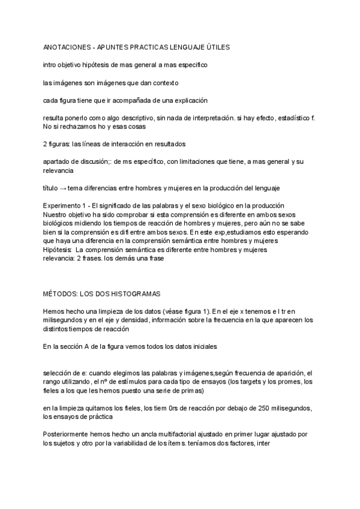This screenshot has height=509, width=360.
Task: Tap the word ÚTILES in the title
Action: (x=218, y=46)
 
